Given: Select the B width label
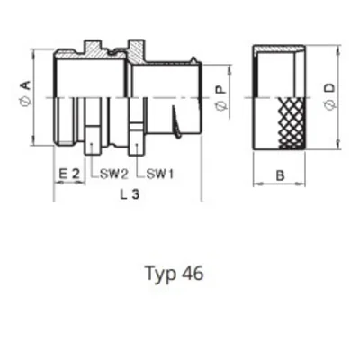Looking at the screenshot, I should [280, 177].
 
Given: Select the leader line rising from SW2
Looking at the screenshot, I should [90, 160].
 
